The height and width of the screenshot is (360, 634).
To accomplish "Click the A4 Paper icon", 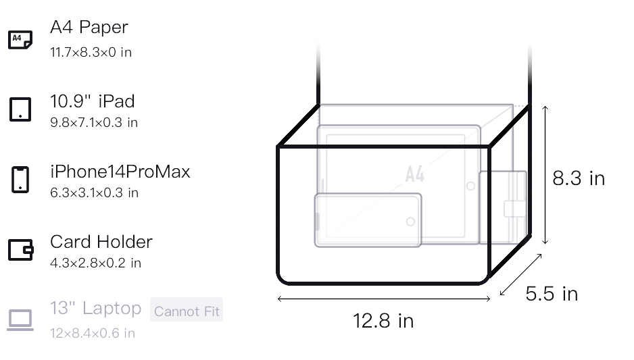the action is pyautogui.click(x=20, y=40).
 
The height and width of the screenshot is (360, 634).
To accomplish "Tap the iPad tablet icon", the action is pyautogui.click(x=20, y=109).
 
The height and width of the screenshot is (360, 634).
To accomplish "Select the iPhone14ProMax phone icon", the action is pyautogui.click(x=20, y=180).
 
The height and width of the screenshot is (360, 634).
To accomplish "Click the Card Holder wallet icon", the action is pyautogui.click(x=21, y=250).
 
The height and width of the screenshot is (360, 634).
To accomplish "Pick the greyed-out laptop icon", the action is pyautogui.click(x=20, y=320).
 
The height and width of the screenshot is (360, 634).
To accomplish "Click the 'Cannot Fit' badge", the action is pyautogui.click(x=187, y=309).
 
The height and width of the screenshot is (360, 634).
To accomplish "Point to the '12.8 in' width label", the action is pyautogui.click(x=383, y=321).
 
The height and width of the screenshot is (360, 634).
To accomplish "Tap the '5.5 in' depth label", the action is pyautogui.click(x=552, y=294).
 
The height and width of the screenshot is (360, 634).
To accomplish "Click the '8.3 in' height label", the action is pyautogui.click(x=579, y=178).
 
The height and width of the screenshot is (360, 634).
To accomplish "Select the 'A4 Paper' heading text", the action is pyautogui.click(x=89, y=27).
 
